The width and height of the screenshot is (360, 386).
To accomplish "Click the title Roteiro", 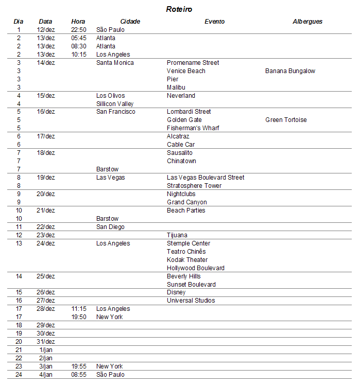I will pyautogui.click(x=179, y=9).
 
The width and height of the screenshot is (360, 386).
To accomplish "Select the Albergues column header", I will pyautogui.click(x=307, y=22).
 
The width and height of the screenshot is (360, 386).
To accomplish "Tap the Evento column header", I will pyautogui.click(x=214, y=22).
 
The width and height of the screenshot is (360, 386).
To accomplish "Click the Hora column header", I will pyautogui.click(x=78, y=22).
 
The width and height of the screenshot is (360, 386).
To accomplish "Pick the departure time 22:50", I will pyautogui.click(x=79, y=30).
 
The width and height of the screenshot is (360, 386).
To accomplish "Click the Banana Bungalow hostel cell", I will pyautogui.click(x=290, y=71).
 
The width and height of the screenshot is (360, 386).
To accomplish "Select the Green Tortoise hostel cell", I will pyautogui.click(x=286, y=120).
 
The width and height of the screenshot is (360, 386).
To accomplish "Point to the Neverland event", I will pyautogui.click(x=181, y=96).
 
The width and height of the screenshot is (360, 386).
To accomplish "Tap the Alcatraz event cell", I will pyautogui.click(x=178, y=136).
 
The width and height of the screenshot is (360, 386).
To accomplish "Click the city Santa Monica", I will pyautogui.click(x=115, y=63).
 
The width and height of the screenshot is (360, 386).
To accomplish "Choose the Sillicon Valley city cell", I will pyautogui.click(x=115, y=104).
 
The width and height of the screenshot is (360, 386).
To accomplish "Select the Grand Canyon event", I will pyautogui.click(x=186, y=202).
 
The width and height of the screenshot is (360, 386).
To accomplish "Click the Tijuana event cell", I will pyautogui.click(x=177, y=235).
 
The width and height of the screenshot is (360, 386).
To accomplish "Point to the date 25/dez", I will pyautogui.click(x=46, y=276).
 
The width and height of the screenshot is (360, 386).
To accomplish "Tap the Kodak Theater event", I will pyautogui.click(x=187, y=260).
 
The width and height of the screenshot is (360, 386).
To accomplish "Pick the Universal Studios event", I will pyautogui.click(x=191, y=301).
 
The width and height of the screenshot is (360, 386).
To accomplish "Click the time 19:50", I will pyautogui.click(x=79, y=317).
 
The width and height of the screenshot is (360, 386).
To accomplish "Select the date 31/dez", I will pyautogui.click(x=46, y=342).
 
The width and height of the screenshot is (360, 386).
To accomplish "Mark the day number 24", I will pyautogui.click(x=19, y=375).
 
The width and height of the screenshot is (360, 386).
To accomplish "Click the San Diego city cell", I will pyautogui.click(x=110, y=227).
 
